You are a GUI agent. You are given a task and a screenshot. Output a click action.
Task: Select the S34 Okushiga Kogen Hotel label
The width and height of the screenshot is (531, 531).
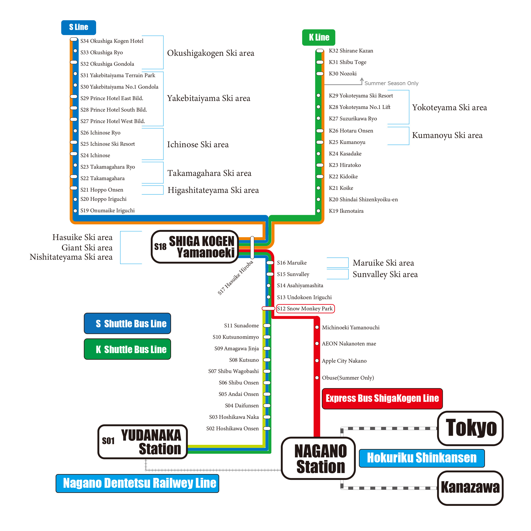tap(112, 41)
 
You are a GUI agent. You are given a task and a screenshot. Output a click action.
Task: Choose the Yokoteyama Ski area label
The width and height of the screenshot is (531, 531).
tap(449, 108)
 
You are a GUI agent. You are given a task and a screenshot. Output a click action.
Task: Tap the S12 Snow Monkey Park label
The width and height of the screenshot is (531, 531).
tap(305, 309)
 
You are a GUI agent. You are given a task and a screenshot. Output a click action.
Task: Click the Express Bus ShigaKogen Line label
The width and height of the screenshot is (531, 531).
tap(382, 399)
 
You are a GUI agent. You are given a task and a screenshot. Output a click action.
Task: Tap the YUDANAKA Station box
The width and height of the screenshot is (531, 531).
tap(143, 442)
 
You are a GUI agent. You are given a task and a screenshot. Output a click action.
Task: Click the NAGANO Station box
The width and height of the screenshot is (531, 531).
tap(318, 458)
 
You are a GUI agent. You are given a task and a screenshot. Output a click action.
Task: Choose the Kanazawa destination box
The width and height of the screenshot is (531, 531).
tap(470, 488)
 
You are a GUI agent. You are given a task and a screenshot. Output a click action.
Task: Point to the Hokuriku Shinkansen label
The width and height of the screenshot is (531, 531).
tap(422, 458)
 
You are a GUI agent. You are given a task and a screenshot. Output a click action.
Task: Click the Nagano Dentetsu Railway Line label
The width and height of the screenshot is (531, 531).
tap(137, 483)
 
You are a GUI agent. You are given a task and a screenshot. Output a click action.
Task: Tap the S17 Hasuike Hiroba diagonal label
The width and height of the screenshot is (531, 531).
tap(235, 278)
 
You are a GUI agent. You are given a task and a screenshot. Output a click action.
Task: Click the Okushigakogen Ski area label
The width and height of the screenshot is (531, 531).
tap(211, 53)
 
